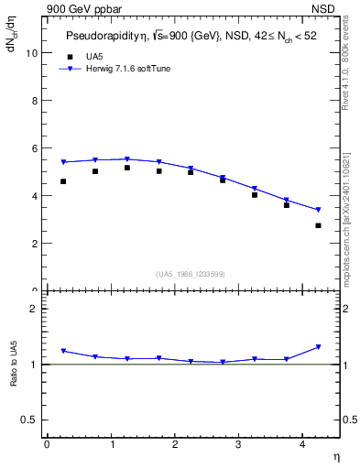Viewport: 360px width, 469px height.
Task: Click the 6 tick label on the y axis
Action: click(x=33, y=148)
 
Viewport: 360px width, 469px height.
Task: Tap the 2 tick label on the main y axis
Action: click(x=33, y=244)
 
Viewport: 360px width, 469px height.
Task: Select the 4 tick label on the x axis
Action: click(x=302, y=444)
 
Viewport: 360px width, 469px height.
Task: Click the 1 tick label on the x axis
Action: click(x=111, y=444)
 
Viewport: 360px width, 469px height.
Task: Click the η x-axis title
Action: click(x=335, y=455)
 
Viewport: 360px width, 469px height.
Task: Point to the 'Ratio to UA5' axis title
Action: click(x=14, y=377)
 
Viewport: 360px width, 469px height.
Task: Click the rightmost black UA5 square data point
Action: click(x=318, y=225)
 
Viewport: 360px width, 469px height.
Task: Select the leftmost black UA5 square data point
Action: click(x=63, y=181)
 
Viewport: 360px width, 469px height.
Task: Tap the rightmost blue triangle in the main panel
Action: click(x=318, y=210)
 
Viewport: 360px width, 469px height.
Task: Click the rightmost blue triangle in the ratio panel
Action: click(x=318, y=347)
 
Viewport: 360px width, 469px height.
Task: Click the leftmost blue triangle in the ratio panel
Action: click(x=63, y=351)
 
